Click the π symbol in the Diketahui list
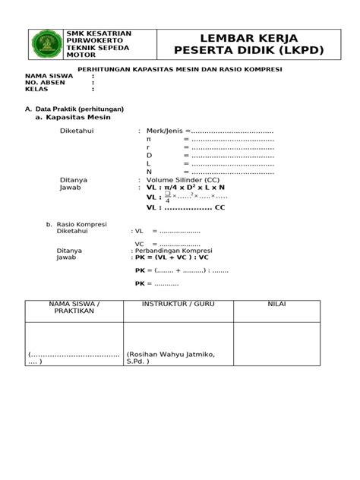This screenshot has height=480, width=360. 149,139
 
